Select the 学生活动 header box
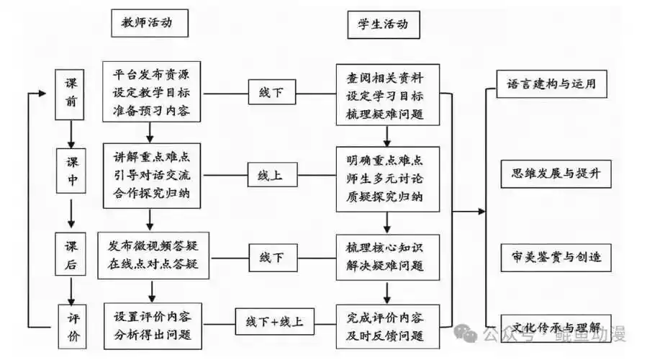(383, 24)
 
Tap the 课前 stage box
(71, 93)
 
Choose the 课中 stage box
(72, 172)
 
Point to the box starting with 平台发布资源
(151, 93)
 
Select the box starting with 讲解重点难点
(151, 174)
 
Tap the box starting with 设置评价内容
(153, 325)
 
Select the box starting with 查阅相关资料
(389, 94)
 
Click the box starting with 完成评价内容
(389, 325)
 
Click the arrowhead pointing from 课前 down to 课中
(71, 143)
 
